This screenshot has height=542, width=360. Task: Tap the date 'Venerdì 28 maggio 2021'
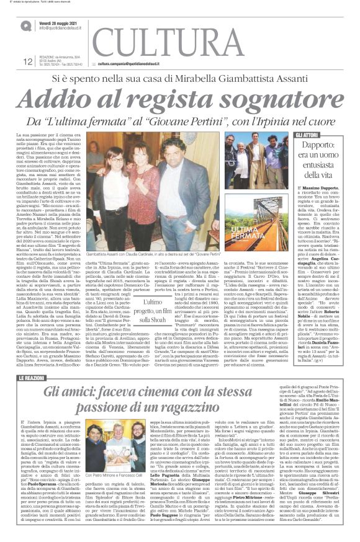(x=62, y=21)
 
